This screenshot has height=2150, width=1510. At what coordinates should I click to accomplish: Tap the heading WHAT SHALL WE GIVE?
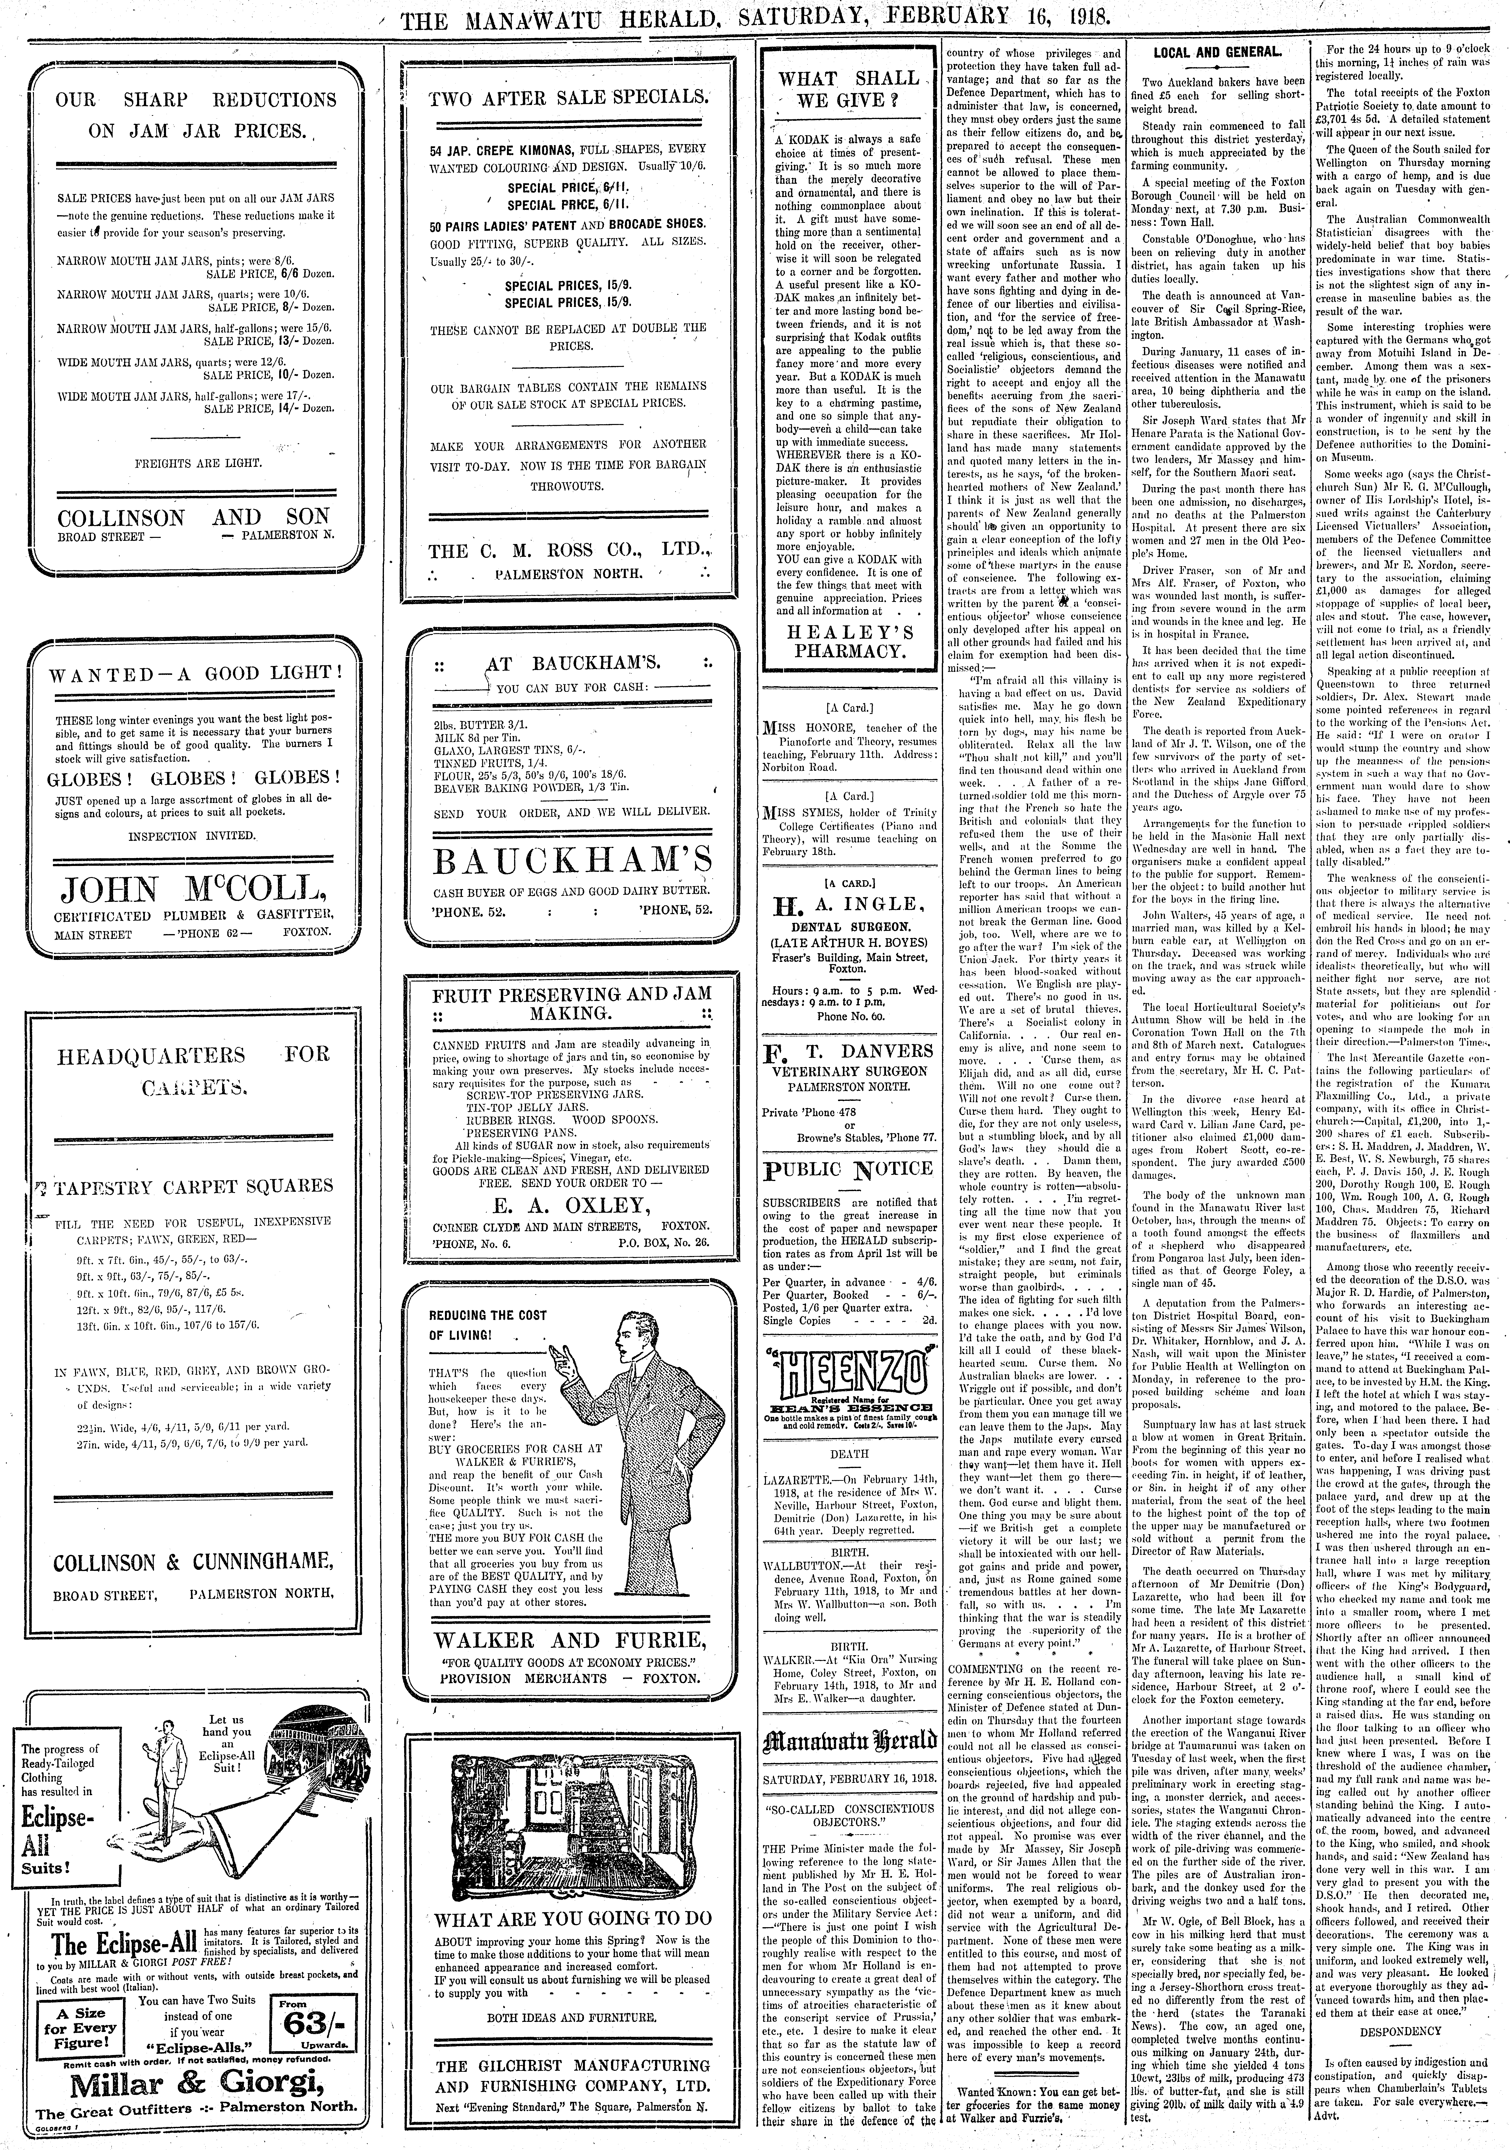pyautogui.click(x=849, y=90)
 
